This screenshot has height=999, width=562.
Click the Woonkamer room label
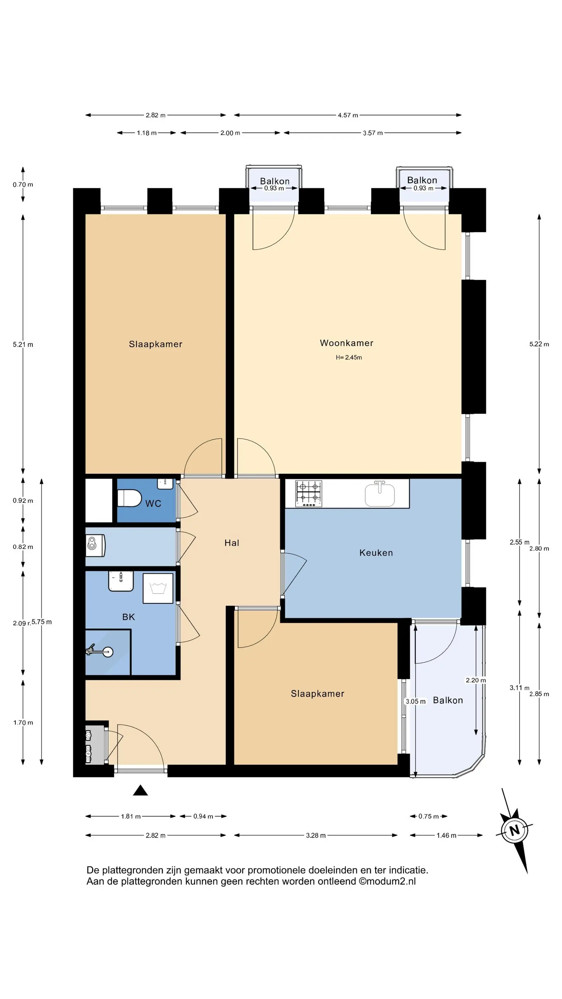[346, 343]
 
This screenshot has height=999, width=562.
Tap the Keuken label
[376, 553]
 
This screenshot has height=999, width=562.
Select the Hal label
[231, 543]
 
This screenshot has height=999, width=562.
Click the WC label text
[153, 503]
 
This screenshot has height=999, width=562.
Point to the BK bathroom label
[129, 617]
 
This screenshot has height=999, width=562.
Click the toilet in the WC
[129, 498]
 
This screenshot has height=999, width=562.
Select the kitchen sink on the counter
[380, 493]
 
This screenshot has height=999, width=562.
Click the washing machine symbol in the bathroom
[158, 588]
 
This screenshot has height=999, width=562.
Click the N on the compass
[514, 831]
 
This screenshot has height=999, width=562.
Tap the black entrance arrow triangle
[140, 790]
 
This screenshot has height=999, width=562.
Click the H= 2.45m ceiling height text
[349, 357]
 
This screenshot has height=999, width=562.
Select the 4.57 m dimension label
[348, 115]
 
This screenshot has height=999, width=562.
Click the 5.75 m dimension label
[42, 622]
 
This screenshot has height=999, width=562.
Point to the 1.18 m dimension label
[146, 133]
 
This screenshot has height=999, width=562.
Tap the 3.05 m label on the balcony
[416, 701]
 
